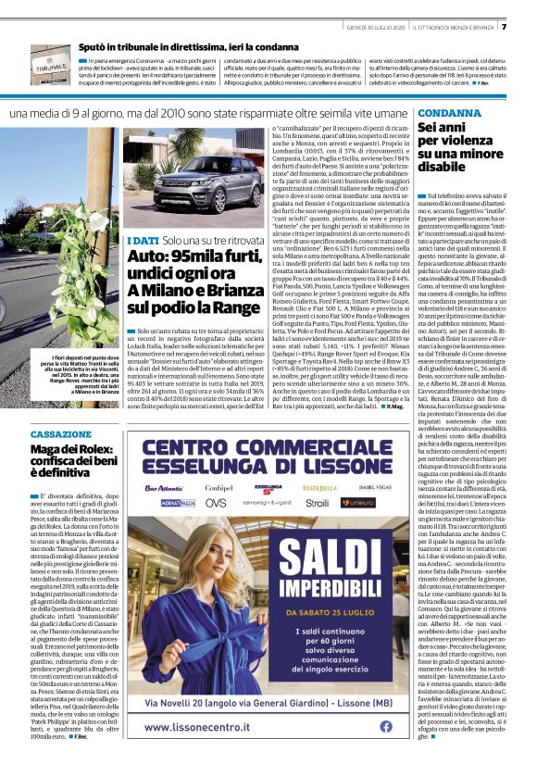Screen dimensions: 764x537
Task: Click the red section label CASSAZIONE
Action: click(61, 434)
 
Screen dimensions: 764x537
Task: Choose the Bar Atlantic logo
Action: click(164, 486)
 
